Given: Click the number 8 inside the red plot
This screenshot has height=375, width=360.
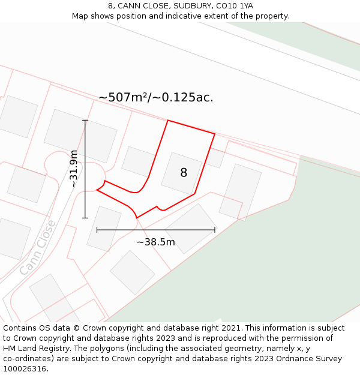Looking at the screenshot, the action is point(184,173).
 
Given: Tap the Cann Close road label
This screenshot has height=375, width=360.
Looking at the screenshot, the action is point(37,247).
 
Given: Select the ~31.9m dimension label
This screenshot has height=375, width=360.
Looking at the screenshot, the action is point(73,169).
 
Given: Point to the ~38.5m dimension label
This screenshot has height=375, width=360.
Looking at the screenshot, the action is point(156,242).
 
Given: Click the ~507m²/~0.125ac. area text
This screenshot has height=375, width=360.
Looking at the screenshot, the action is point(156,97).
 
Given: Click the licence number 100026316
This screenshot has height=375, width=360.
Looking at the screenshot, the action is point(25,369).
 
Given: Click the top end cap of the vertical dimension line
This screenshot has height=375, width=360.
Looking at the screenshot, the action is point(85,121).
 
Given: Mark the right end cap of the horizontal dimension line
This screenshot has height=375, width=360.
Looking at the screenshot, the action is point(215,230).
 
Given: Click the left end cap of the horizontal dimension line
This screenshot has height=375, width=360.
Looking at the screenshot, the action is point(97,230).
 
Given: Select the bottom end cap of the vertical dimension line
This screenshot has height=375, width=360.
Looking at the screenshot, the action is point(85,218).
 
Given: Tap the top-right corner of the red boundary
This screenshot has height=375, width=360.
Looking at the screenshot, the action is point(214,134).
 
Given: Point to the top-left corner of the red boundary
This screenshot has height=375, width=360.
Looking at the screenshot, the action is point(167,121).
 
